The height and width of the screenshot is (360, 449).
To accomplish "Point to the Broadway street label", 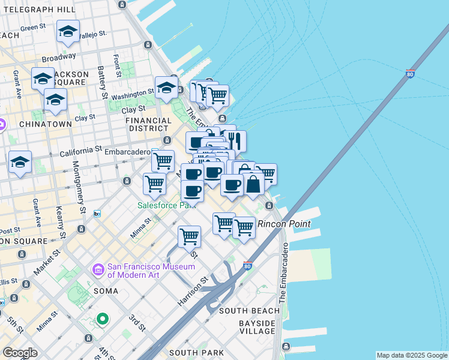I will click(58, 58).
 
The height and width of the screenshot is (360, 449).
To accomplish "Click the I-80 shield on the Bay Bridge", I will click(409, 74).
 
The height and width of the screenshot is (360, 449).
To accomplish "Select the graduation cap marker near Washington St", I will click(166, 88).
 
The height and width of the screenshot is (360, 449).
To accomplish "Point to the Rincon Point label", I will click(284, 224).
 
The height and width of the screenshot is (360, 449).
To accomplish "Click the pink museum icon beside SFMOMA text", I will click(98, 271).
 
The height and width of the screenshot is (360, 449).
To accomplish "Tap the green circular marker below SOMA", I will click(102, 319).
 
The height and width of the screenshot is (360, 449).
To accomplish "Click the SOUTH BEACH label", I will click(249, 311).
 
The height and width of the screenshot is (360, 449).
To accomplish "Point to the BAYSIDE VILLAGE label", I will click(257, 327).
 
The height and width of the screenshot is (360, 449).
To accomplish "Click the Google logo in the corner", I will click(20, 352).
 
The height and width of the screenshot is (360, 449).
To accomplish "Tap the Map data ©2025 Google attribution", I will click(411, 355).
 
